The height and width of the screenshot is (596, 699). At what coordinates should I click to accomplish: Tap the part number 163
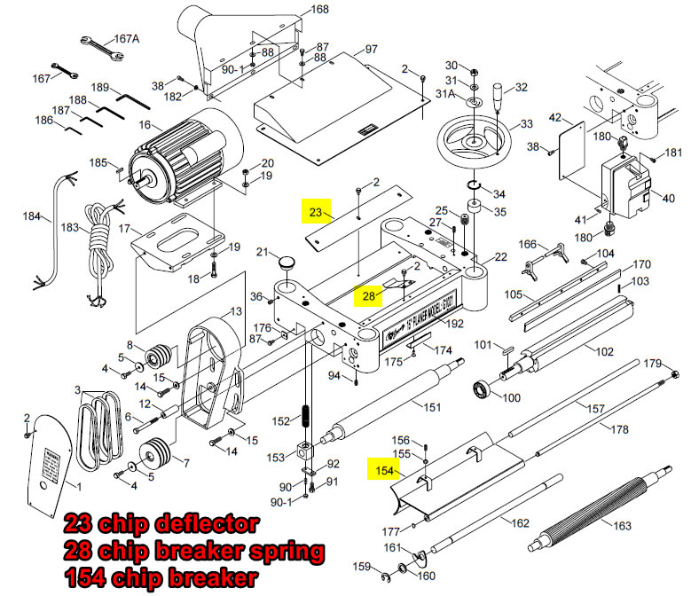coord(622,526)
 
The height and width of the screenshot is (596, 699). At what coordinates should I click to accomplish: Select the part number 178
coord(619,429)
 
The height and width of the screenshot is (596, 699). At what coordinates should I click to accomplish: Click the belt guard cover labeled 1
coord(53,470)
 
